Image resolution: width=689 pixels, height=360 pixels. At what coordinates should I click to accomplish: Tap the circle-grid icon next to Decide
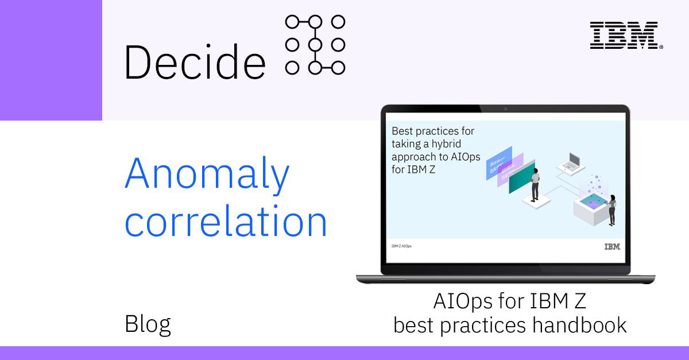pos(315,45)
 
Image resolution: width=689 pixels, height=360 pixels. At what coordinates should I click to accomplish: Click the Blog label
pos(148,324)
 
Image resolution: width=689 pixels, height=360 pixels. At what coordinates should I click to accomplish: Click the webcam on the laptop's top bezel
pos(505,109)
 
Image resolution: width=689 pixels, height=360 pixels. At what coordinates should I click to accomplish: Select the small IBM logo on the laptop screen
pos(612,247)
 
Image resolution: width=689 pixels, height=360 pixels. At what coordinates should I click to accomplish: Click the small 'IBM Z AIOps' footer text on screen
pos(401,246)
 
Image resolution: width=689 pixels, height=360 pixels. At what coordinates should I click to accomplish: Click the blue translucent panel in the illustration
pos(498,163)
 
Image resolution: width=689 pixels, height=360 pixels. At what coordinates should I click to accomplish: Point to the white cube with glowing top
pos(591,210)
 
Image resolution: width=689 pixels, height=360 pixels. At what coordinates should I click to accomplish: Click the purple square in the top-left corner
pos(51,60)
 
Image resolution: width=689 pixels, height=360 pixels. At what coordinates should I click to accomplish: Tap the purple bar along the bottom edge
pos(344,353)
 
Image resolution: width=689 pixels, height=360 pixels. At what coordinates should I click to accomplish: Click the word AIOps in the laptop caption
pos(462,301)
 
